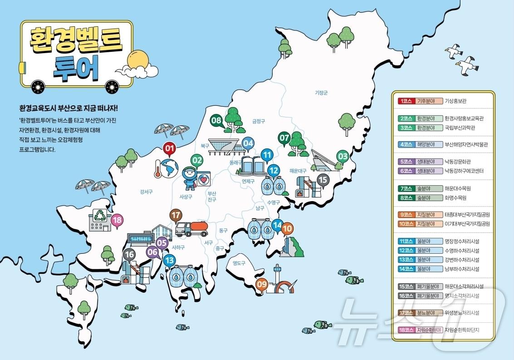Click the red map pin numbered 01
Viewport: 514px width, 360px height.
pos(169,148)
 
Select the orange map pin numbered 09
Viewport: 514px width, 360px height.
pos(262,285)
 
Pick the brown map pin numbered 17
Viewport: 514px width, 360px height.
pos(176,215)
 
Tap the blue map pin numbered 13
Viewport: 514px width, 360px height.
pos(169,261)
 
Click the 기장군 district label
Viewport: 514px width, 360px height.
pos(321,93)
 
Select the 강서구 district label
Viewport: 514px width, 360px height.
pos(146,192)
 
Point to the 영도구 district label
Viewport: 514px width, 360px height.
pos(239,263)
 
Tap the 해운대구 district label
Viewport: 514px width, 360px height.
pos(298,171)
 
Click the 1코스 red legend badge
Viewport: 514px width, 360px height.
pos(405,101)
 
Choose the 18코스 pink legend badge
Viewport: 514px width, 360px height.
pos(405,330)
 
